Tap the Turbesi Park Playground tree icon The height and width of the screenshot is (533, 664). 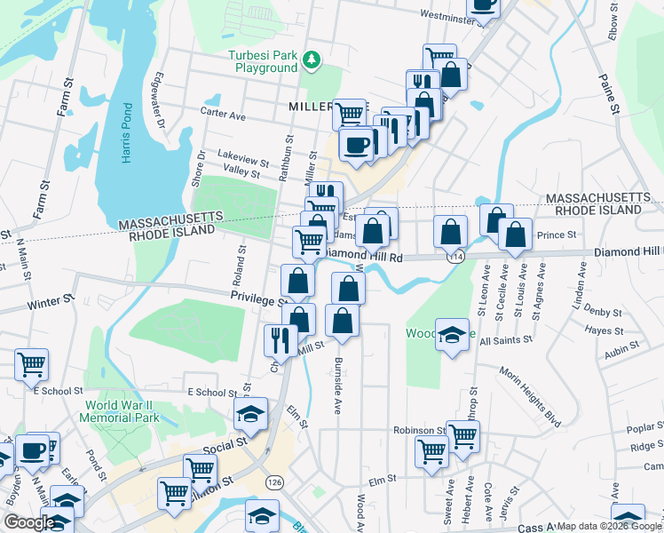pyautogui.click(x=311, y=60)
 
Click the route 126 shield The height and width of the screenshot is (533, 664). pyautogui.click(x=274, y=481)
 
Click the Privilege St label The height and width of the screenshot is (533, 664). pyautogui.click(x=257, y=299)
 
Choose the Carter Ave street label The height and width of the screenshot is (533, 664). pyautogui.click(x=223, y=115)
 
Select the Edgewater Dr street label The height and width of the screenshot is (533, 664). pyautogui.click(x=161, y=100)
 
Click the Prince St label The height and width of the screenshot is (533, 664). pyautogui.click(x=557, y=235)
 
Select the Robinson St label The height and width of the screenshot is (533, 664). pyautogui.click(x=419, y=430)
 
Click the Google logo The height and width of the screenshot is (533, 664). pyautogui.click(x=28, y=523)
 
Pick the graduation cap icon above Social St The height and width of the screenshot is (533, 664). pyautogui.click(x=250, y=412)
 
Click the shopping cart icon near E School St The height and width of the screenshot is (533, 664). pyautogui.click(x=31, y=362)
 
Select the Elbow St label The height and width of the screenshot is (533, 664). pyautogui.click(x=613, y=20)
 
